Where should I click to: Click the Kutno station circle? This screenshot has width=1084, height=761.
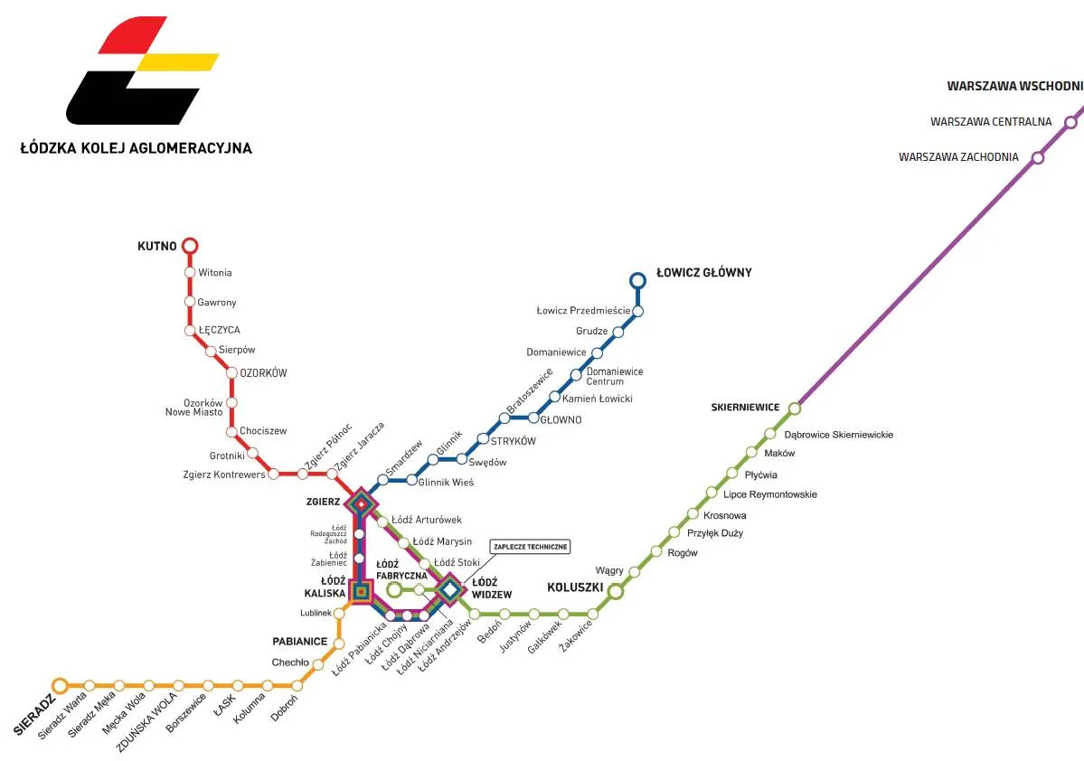190,245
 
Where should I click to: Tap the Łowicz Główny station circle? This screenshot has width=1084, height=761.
637,280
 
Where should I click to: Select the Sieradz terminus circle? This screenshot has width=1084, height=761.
61,685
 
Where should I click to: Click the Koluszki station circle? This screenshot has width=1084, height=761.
616,591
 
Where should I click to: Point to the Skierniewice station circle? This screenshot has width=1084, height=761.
795,409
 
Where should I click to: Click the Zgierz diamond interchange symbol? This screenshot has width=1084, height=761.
361,504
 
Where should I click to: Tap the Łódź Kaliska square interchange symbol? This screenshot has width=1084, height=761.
360,591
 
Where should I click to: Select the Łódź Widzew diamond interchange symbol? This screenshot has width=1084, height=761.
450,589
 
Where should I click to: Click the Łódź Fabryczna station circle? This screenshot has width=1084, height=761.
394,589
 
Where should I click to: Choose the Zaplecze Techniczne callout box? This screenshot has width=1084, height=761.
531,547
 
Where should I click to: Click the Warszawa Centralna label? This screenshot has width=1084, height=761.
991,122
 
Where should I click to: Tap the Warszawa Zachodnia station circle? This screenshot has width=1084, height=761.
1037,157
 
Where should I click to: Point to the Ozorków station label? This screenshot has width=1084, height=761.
263,373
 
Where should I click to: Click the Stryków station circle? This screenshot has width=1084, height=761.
484,439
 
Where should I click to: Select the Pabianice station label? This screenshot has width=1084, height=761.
300,642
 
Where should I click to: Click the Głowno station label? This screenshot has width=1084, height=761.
561,419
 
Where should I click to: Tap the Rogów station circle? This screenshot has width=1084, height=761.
655,551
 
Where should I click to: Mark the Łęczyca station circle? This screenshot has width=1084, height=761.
190,331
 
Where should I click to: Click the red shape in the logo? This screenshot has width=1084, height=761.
133,35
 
